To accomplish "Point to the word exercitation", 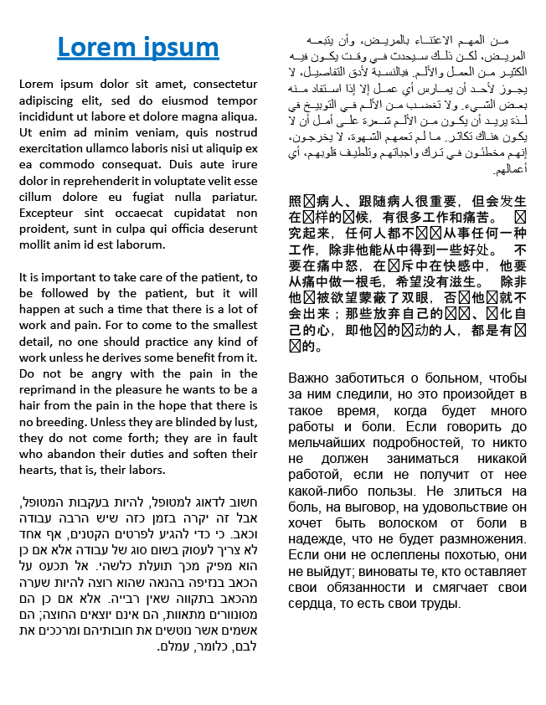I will [x=52, y=148].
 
